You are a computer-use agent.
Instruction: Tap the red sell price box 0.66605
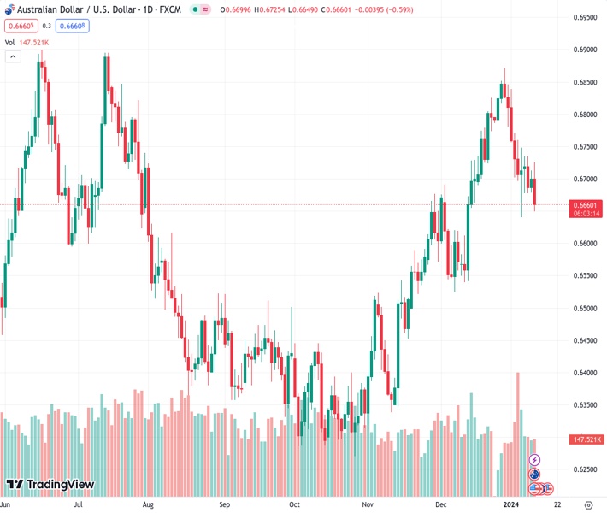pos(19,26)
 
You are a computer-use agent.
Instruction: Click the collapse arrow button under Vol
pos(13,56)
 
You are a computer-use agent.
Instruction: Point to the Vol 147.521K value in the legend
pos(33,42)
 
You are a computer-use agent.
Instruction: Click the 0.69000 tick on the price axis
pos(584,50)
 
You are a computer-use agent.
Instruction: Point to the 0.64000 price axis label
pos(584,373)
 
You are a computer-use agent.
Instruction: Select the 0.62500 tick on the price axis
pos(584,469)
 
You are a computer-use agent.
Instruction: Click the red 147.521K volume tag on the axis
pos(586,439)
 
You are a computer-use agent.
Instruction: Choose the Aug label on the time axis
pos(148,504)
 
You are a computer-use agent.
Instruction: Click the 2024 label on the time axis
pos(510,504)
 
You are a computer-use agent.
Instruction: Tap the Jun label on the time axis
pos(5,504)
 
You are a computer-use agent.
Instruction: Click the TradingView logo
pos(50,485)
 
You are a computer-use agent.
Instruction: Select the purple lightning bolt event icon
pos(535,460)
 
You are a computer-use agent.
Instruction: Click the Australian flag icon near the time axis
pos(534,475)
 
